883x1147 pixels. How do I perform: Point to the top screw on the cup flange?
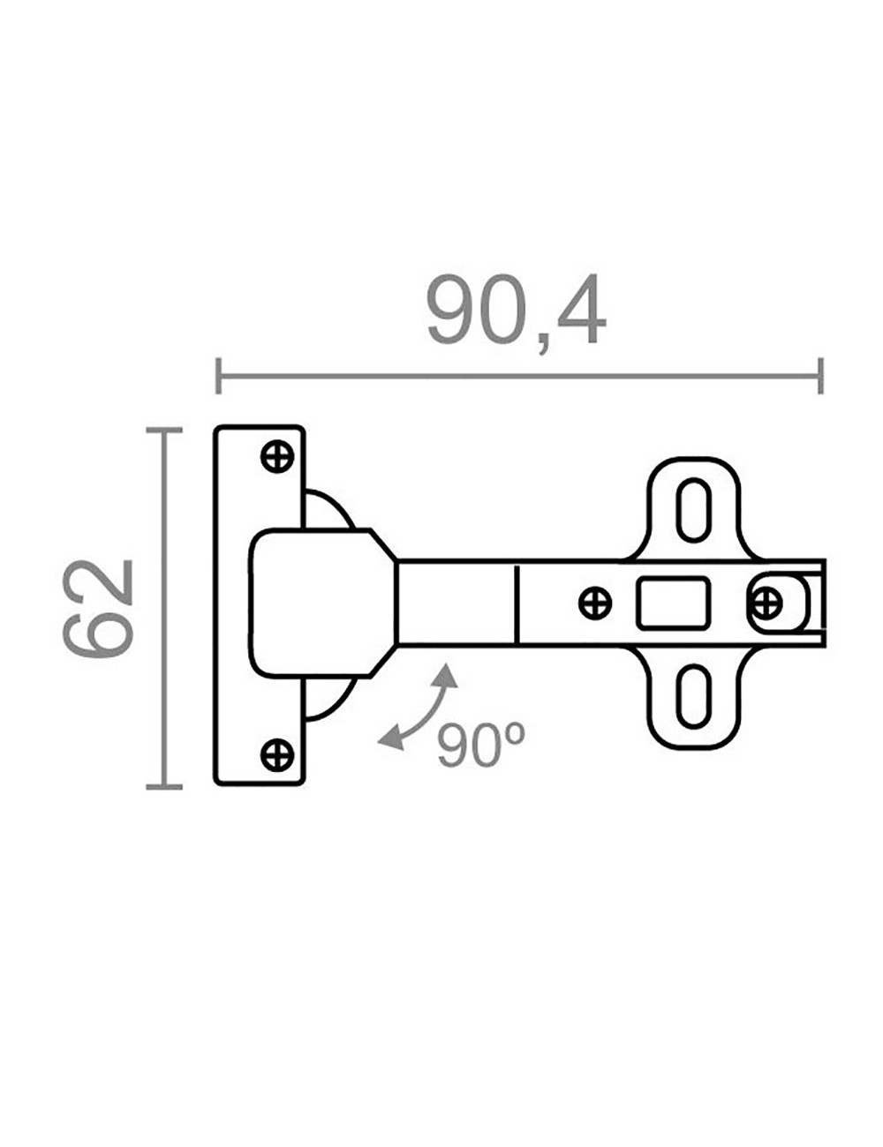[x=278, y=455]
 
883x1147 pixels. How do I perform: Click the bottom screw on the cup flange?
[x=278, y=754]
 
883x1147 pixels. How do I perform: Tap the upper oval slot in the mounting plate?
[x=693, y=510]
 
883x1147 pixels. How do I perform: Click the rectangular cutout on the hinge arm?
[x=673, y=603]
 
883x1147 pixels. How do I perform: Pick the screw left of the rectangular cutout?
[x=595, y=603]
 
